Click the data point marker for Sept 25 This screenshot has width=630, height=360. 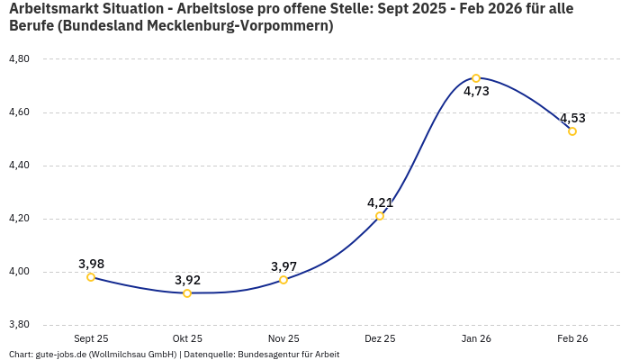point(91,277)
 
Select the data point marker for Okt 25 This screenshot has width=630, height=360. point(187,293)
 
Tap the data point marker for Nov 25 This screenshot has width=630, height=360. point(283,280)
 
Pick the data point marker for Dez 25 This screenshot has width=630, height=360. point(380,216)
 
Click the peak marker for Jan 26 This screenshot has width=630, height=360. point(476,78)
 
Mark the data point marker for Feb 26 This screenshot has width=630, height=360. point(572,131)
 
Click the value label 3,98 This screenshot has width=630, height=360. point(91,264)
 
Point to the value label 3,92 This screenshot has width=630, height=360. point(187,280)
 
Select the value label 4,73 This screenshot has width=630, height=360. point(476,92)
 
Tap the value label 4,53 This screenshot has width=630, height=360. point(572,118)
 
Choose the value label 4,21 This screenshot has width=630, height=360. point(380,202)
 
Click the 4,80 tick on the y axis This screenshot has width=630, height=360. point(19,59)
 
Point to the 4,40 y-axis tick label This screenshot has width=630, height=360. point(19,166)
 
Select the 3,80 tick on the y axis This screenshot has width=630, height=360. point(19,325)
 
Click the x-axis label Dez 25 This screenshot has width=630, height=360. point(380,338)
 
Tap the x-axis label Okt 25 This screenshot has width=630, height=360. point(187,338)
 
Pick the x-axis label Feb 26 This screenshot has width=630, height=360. point(572,338)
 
